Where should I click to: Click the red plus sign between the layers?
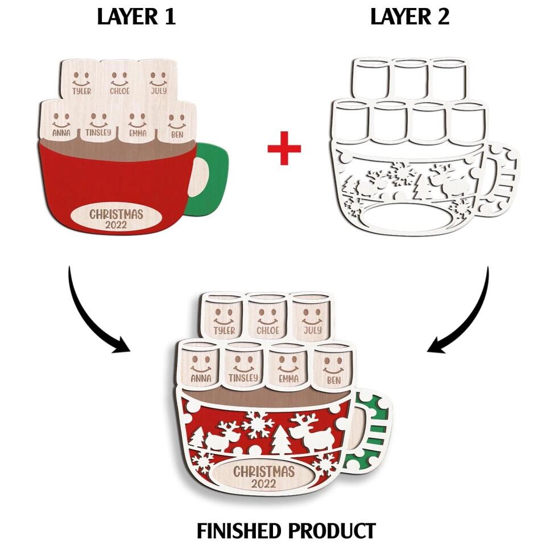(x=284, y=148)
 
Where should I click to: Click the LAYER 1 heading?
(x=136, y=16)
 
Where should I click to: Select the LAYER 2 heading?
(x=410, y=16)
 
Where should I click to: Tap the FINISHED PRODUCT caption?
(x=286, y=531)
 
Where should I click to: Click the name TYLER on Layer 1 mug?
(x=82, y=91)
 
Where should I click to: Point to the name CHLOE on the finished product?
(x=268, y=330)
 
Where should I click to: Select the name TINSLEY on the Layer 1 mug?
(x=98, y=133)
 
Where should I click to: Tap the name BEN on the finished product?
(x=334, y=379)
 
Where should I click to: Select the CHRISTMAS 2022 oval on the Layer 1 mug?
(x=115, y=218)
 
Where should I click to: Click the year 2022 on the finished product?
(x=263, y=483)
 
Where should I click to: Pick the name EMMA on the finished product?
(x=289, y=379)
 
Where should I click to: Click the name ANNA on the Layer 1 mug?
(x=61, y=133)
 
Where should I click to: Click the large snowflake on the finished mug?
(x=256, y=425)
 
